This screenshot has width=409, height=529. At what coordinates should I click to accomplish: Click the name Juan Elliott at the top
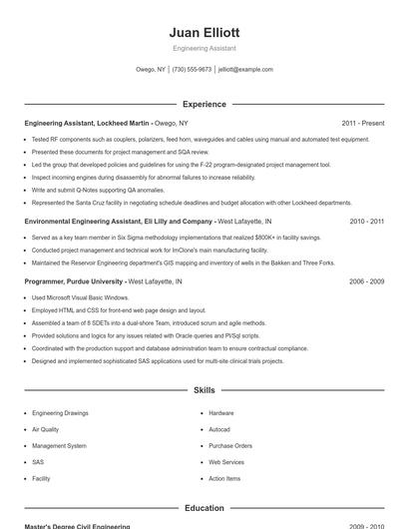[204, 32]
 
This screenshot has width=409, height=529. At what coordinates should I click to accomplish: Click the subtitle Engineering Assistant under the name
[204, 48]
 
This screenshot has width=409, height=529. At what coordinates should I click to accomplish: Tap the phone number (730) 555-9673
[192, 70]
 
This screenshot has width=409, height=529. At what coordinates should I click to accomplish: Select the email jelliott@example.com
[245, 70]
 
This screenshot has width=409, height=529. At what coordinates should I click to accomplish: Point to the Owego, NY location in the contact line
[151, 70]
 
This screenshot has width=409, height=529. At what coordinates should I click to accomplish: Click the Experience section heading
[204, 104]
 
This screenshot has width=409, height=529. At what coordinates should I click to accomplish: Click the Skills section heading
[204, 390]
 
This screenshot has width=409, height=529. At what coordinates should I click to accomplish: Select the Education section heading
[204, 508]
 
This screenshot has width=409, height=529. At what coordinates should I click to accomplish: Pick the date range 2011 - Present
[362, 123]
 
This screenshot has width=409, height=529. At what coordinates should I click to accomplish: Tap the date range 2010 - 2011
[366, 221]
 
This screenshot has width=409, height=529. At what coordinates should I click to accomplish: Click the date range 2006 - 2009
[366, 281]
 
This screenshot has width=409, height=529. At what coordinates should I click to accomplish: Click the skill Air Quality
[46, 429]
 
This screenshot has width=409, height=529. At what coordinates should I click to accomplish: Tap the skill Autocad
[219, 429]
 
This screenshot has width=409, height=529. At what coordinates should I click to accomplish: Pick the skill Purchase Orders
[230, 445]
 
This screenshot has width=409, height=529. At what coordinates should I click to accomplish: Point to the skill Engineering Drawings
[60, 412]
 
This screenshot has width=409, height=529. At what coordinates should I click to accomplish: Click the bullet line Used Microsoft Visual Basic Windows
[80, 297]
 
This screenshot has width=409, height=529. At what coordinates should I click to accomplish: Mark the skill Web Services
[226, 462]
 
